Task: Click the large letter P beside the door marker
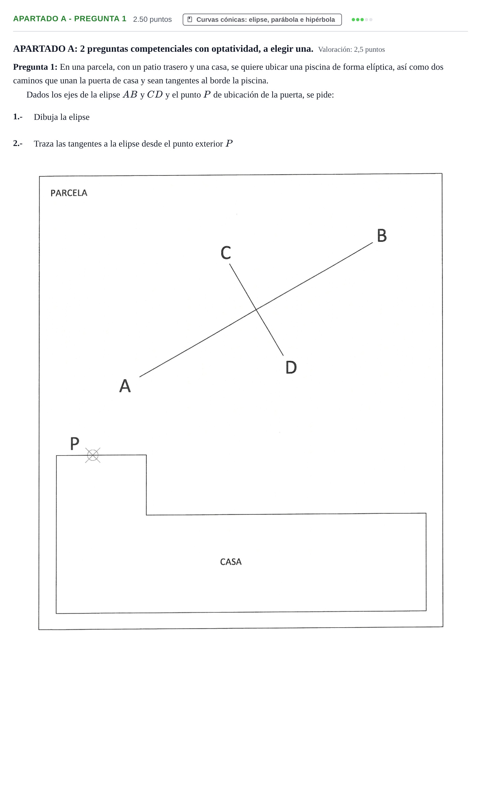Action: [x=75, y=443]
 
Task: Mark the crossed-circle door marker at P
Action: [x=93, y=455]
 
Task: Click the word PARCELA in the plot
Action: [x=69, y=193]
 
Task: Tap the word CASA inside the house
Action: [x=231, y=562]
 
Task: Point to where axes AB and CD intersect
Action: [x=256, y=309]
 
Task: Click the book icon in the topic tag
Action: [x=190, y=19]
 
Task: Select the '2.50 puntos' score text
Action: [x=152, y=19]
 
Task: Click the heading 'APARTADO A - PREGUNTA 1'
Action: [x=70, y=19]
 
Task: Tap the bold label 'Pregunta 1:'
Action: [x=35, y=67]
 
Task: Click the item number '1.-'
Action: [x=18, y=117]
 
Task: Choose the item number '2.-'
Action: [x=18, y=144]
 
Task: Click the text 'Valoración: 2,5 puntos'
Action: [x=351, y=49]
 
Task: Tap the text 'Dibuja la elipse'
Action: [x=62, y=117]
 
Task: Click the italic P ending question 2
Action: [x=229, y=143]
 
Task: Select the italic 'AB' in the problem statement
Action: [x=130, y=95]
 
